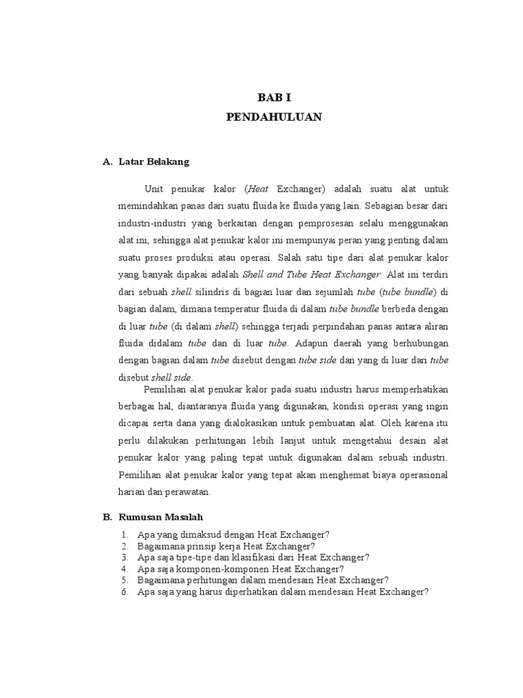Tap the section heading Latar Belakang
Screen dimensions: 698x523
coord(154,162)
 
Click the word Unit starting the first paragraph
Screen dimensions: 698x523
coord(155,188)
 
